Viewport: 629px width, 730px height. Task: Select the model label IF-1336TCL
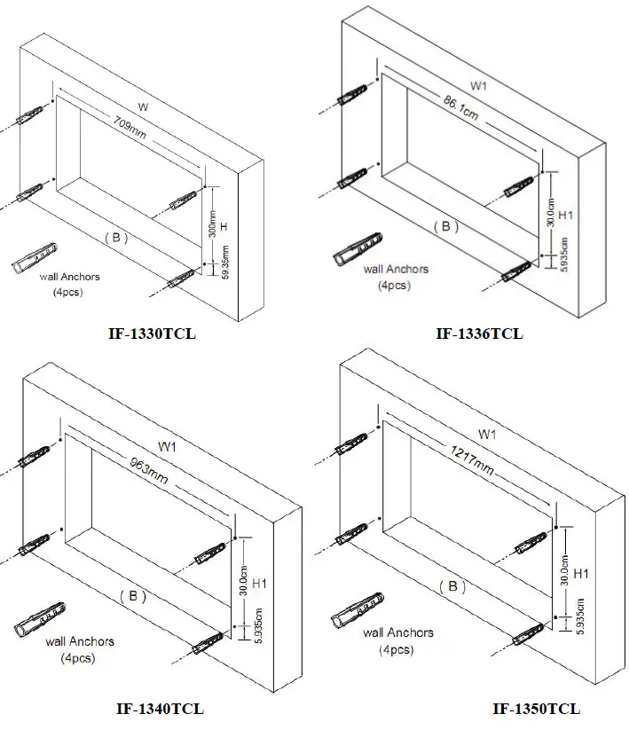pyautogui.click(x=479, y=334)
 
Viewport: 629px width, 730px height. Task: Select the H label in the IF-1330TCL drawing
pyautogui.click(x=225, y=228)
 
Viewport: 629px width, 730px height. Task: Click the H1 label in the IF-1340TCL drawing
pyautogui.click(x=259, y=584)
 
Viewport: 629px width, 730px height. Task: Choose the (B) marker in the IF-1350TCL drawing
pyautogui.click(x=452, y=586)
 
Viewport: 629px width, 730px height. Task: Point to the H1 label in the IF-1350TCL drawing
pyautogui.click(x=582, y=574)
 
